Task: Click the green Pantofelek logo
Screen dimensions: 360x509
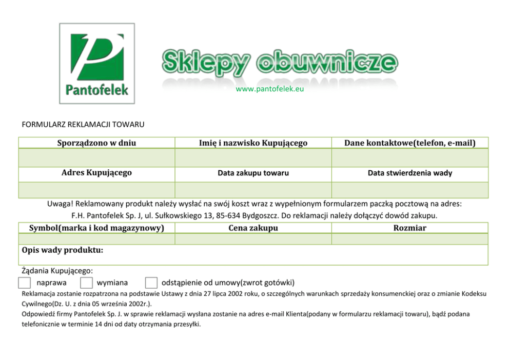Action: pyautogui.click(x=97, y=64)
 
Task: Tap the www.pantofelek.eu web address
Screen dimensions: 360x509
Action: pyautogui.click(x=270, y=89)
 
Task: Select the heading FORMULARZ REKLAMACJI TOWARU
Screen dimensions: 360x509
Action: pyautogui.click(x=83, y=124)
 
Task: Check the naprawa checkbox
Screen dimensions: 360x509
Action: pyautogui.click(x=24, y=283)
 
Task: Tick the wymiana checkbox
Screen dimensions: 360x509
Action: pyautogui.click(x=87, y=283)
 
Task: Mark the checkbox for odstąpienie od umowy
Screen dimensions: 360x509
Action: pyautogui.click(x=151, y=283)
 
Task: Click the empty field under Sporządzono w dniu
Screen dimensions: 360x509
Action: pyautogui.click(x=96, y=158)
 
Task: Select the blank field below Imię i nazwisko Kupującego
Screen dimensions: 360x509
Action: pyautogui.click(x=253, y=158)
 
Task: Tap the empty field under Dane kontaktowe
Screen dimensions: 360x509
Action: pyautogui.click(x=409, y=158)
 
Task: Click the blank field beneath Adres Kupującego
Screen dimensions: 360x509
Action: pyautogui.click(x=96, y=190)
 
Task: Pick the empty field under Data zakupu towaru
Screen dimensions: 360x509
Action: pyautogui.click(x=253, y=190)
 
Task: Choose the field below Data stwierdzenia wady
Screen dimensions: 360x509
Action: pyautogui.click(x=409, y=190)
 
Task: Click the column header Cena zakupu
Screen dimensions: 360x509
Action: pyautogui.click(x=253, y=228)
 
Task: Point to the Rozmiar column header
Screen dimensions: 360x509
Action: pyautogui.click(x=409, y=228)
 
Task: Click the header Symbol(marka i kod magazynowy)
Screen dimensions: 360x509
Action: pyautogui.click(x=96, y=228)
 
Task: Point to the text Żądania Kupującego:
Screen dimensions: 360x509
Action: pyautogui.click(x=57, y=270)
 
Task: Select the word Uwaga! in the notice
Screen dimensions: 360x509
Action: pyautogui.click(x=61, y=204)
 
